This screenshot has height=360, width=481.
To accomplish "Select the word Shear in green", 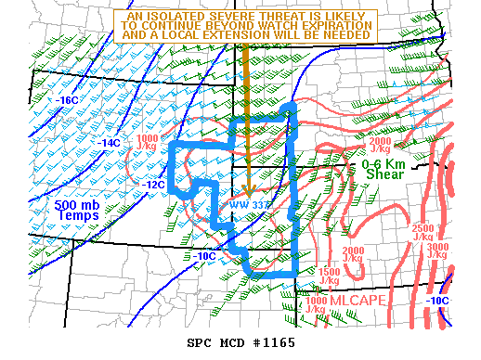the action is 383,174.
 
